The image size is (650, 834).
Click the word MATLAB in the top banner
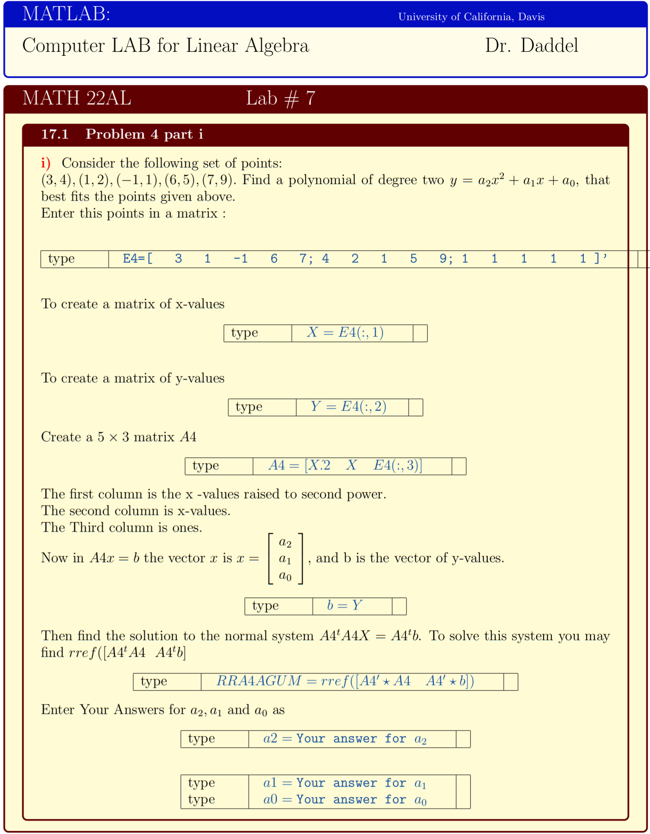tap(66, 14)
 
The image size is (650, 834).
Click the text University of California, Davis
tap(471, 17)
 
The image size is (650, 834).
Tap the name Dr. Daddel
tap(531, 45)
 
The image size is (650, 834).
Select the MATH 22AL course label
tap(77, 98)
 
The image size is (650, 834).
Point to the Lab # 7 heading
tap(280, 98)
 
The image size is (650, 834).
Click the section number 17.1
tap(55, 134)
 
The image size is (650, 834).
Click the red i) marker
tap(46, 163)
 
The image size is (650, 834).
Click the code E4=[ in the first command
tap(137, 259)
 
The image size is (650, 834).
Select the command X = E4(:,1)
tap(345, 333)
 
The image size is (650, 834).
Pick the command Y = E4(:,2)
tap(348, 407)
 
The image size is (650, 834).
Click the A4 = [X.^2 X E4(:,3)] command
tap(345, 466)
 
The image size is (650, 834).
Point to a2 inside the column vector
tap(285, 542)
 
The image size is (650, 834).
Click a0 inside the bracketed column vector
tap(285, 576)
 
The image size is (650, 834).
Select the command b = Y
tap(344, 606)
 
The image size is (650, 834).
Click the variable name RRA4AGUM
tap(259, 681)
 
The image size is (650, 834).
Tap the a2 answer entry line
tap(345, 739)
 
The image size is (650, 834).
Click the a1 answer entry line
tap(345, 783)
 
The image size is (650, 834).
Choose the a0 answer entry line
tap(345, 800)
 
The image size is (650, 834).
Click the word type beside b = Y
tap(265, 606)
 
